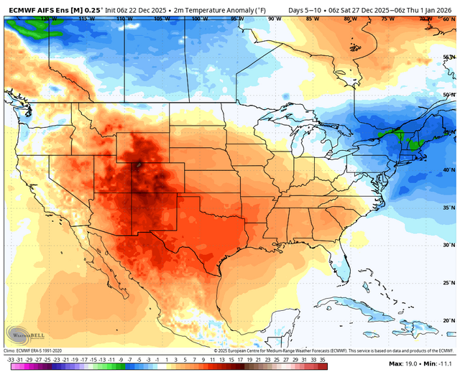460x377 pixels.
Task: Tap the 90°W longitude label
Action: tap(274, 19)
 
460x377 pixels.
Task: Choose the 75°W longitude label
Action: tap(388, 19)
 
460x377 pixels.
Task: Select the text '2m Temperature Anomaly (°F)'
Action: tap(215, 9)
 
